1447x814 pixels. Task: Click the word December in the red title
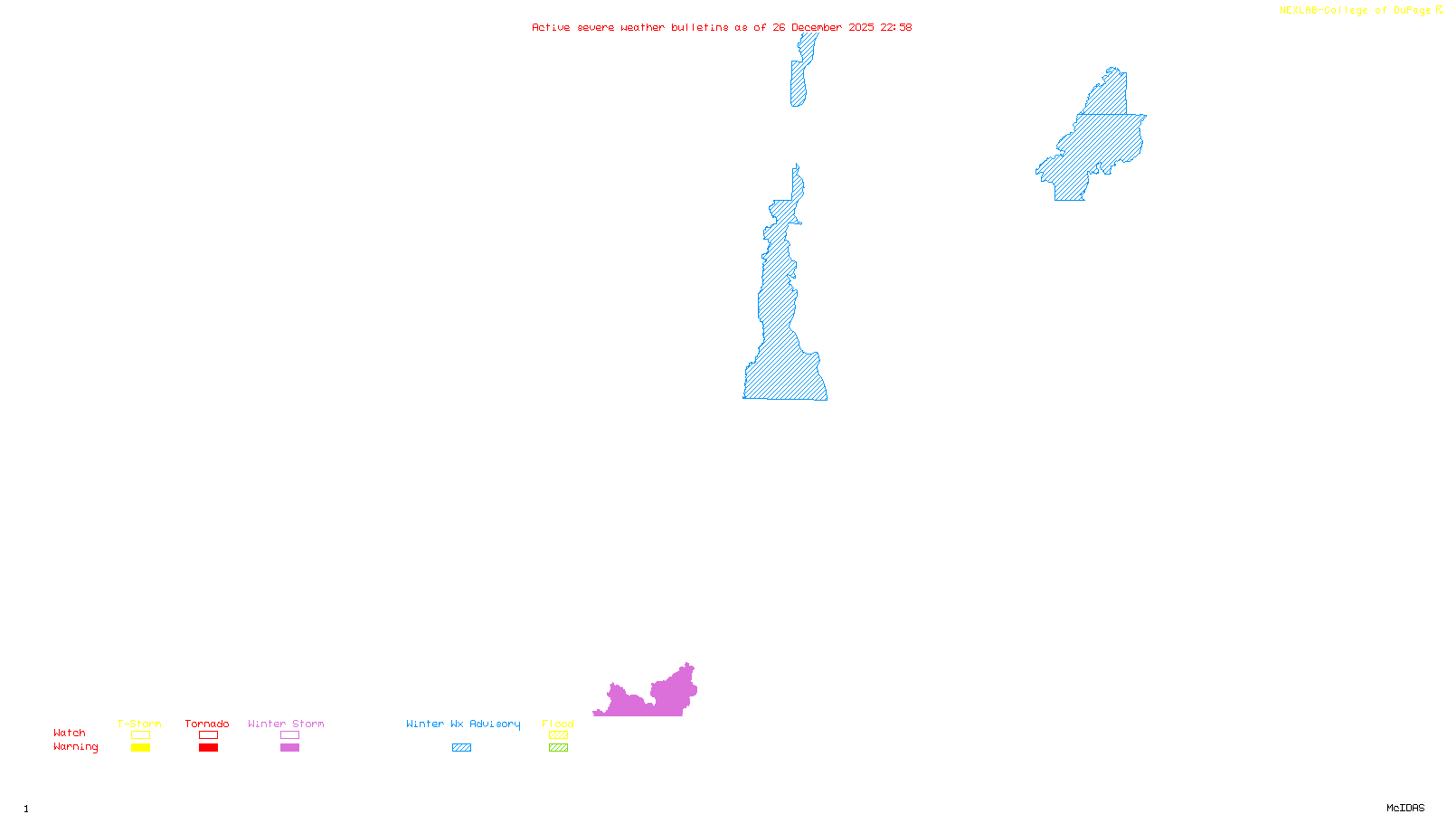coord(817,27)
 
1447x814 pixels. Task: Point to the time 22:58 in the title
coord(895,27)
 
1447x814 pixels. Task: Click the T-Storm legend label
coord(139,724)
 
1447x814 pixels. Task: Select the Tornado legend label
coord(207,724)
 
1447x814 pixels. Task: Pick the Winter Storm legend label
coord(286,724)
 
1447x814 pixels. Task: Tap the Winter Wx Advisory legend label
coord(463,724)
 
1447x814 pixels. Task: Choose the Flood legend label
coord(558,724)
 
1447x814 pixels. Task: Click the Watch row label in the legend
coord(70,733)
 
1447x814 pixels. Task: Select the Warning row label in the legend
coord(76,747)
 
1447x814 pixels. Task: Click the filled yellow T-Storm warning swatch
coord(140,748)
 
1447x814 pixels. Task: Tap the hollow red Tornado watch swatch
coord(208,735)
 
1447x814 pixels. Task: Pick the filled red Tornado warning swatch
coord(208,748)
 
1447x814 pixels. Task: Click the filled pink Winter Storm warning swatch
coord(289,748)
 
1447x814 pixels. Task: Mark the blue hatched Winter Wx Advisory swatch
coord(461,748)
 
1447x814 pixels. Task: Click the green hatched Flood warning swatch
coord(558,748)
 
